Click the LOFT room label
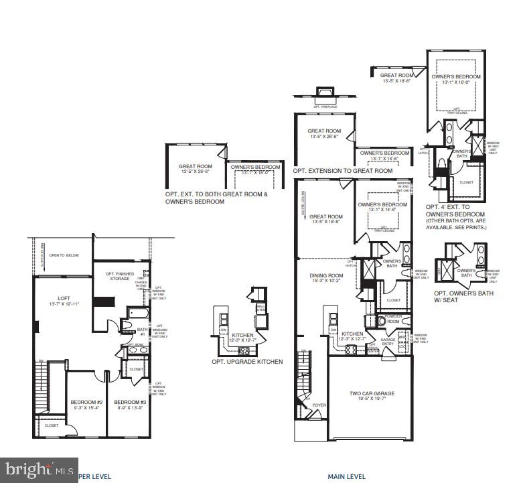(x=64, y=298)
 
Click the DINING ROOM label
(x=325, y=275)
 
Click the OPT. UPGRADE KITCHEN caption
(x=247, y=362)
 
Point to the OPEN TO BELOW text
(x=63, y=255)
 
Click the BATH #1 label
(x=141, y=331)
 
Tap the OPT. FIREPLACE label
(x=325, y=107)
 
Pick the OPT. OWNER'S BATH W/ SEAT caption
(x=463, y=297)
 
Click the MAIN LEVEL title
(x=346, y=477)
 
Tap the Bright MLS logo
(x=30, y=468)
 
